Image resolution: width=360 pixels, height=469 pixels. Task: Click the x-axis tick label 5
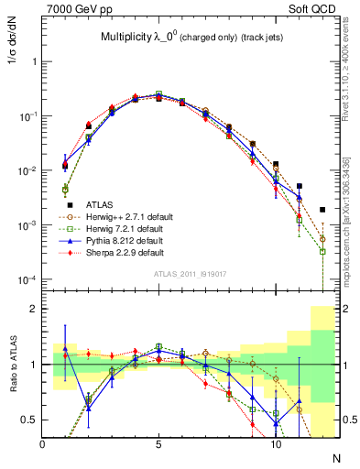click(x=159, y=444)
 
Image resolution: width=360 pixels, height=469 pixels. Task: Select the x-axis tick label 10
click(x=276, y=444)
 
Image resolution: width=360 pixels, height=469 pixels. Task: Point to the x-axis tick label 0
click(x=43, y=444)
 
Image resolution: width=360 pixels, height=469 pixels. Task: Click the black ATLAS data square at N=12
click(x=322, y=210)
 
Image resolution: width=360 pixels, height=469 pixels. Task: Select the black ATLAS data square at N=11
click(x=300, y=186)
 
